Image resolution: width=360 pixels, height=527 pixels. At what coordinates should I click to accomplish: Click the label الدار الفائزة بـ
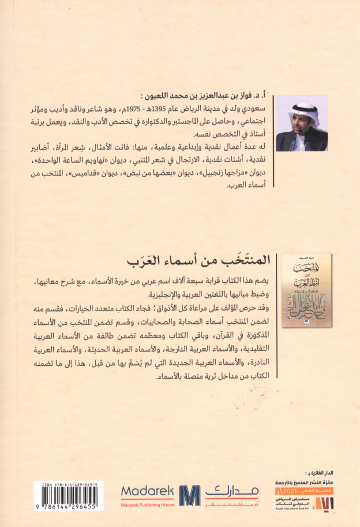point(336,472)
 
